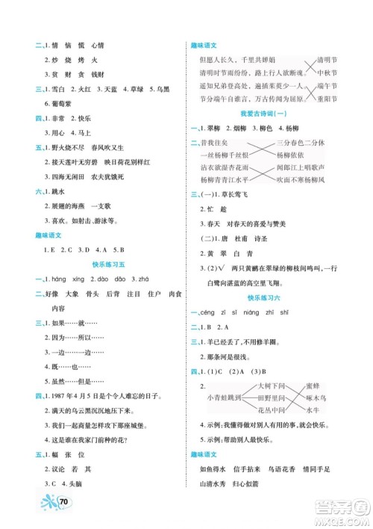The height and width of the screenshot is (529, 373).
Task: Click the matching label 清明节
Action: coord(328,59)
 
